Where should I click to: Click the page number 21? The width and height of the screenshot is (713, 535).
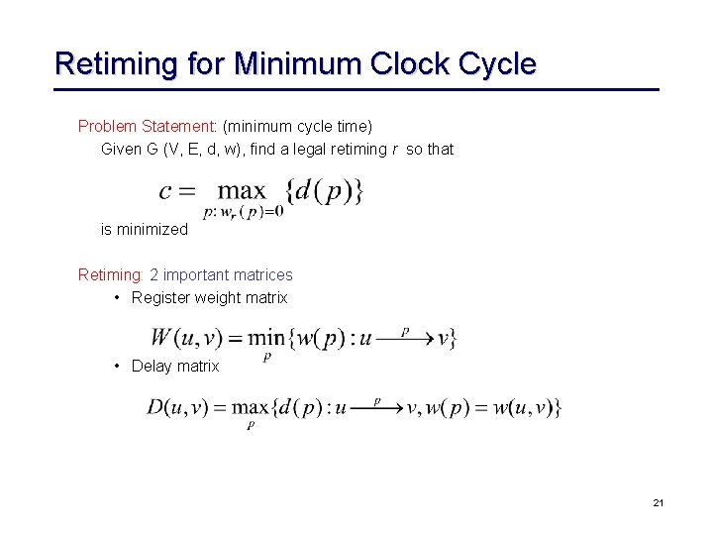click(x=659, y=503)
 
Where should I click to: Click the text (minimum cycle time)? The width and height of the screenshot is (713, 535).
click(x=297, y=126)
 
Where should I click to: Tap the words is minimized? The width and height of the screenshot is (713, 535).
click(x=144, y=229)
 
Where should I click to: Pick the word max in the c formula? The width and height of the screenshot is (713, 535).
click(x=242, y=190)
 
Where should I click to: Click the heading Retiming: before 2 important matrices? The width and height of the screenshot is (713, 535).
click(x=111, y=274)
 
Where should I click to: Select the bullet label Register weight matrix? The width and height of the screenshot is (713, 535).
click(x=209, y=297)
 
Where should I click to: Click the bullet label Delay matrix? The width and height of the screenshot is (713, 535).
click(x=175, y=366)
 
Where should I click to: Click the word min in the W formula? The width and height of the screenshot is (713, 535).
click(x=266, y=338)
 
